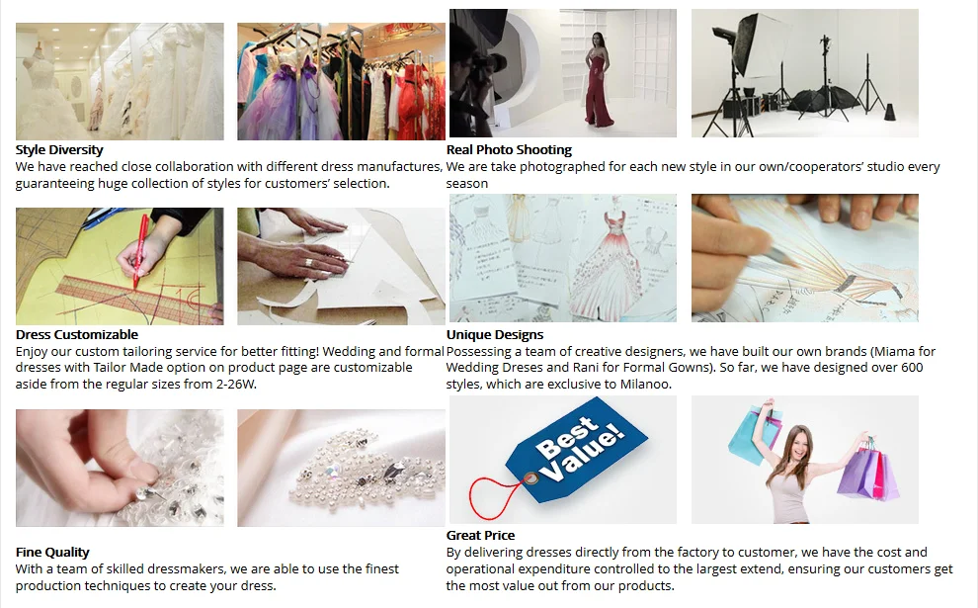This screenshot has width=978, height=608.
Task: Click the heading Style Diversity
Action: click(59, 150)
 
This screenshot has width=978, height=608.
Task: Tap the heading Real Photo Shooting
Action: click(509, 150)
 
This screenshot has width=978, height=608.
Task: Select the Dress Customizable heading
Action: click(77, 334)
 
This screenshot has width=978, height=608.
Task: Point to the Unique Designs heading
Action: click(495, 334)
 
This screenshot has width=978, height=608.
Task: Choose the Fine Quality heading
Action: click(52, 552)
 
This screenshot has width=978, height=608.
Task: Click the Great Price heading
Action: click(480, 535)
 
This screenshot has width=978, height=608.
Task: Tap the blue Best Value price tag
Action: click(576, 448)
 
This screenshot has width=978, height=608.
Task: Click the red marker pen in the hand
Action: click(140, 250)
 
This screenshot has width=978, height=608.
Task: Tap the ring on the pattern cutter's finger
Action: click(308, 263)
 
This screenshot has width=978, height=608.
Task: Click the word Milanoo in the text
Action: click(644, 384)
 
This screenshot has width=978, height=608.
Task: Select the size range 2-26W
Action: click(235, 384)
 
